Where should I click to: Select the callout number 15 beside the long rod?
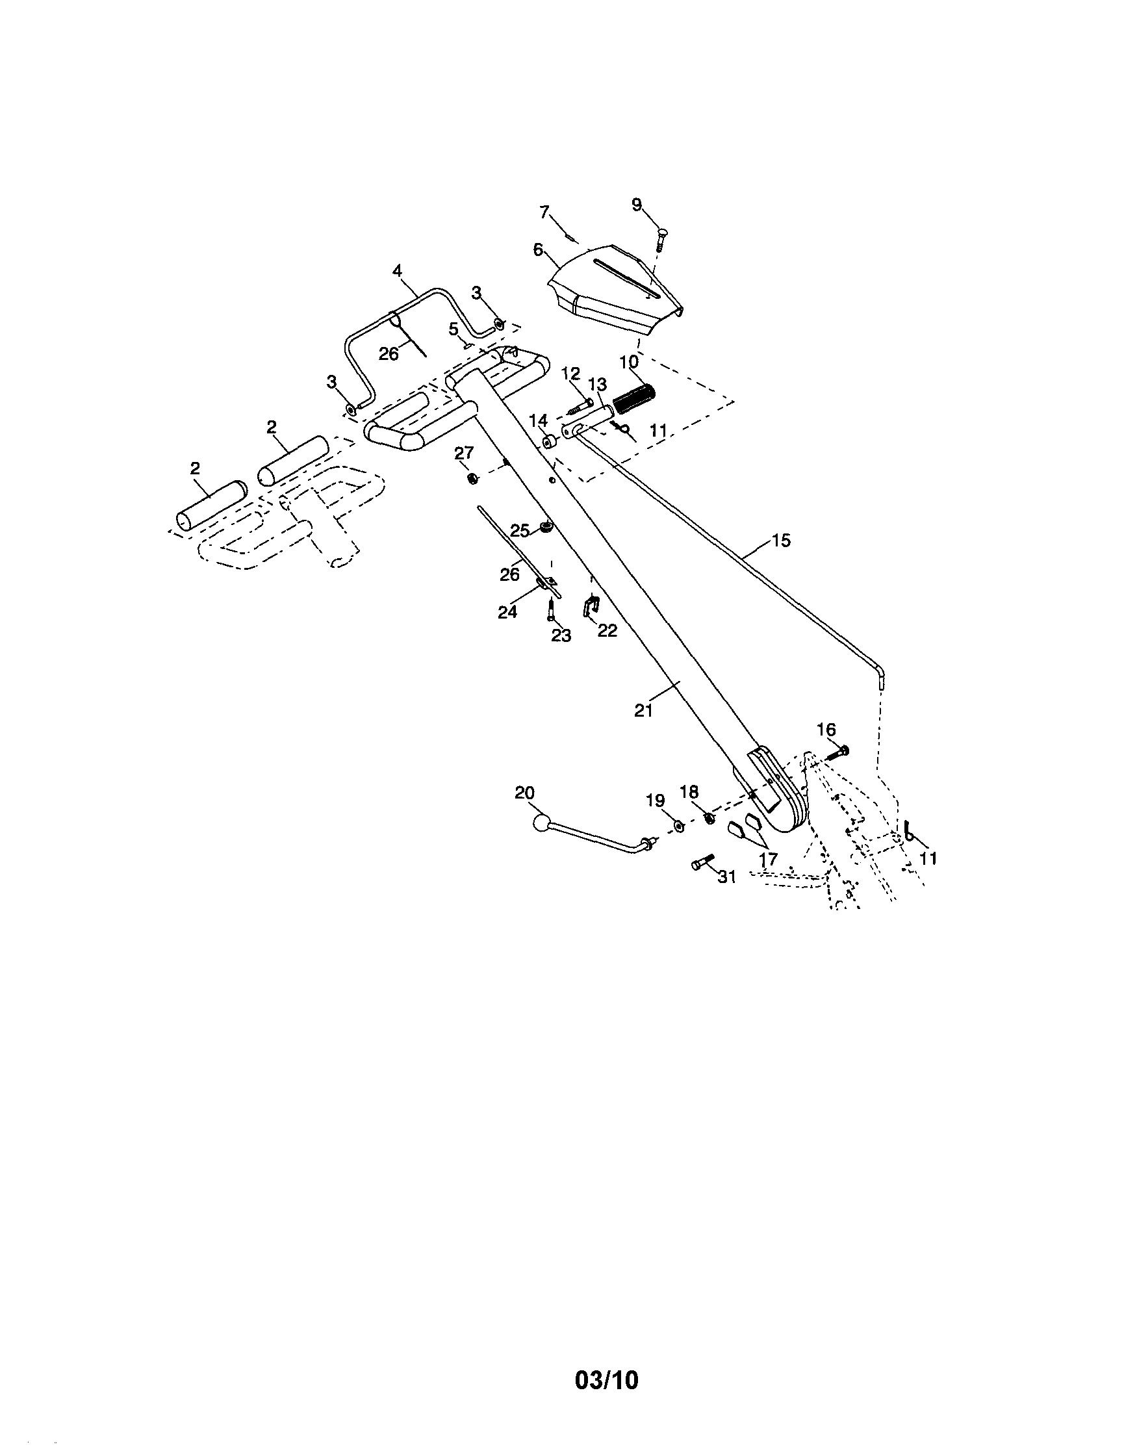tap(782, 540)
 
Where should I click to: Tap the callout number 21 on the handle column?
tap(643, 710)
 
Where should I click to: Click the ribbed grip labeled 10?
tap(634, 398)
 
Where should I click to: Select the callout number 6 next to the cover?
tap(538, 250)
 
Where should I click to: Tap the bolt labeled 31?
tap(702, 864)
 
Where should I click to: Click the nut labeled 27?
tap(472, 477)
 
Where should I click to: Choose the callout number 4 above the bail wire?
tap(397, 270)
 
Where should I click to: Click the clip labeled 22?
tap(591, 606)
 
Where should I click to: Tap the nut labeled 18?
tap(708, 817)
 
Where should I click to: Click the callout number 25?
tap(520, 530)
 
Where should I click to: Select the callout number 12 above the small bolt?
tap(570, 373)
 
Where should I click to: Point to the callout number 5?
tap(453, 329)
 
